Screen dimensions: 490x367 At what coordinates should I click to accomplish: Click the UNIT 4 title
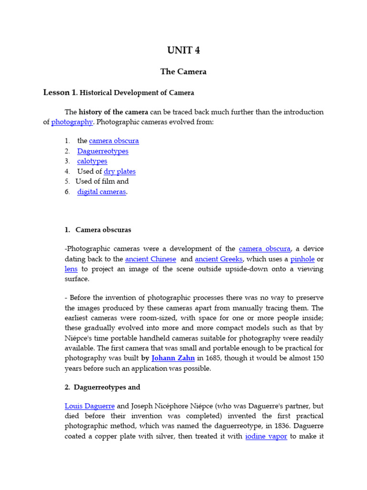pyautogui.click(x=183, y=51)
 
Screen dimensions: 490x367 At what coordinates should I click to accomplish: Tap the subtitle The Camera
pyautogui.click(x=183, y=72)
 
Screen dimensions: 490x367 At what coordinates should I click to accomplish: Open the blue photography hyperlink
pyautogui.click(x=72, y=122)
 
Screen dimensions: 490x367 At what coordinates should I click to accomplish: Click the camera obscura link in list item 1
pyautogui.click(x=114, y=141)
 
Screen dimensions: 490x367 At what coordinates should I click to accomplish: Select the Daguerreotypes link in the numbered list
pyautogui.click(x=103, y=151)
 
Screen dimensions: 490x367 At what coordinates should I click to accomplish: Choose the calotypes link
pyautogui.click(x=92, y=161)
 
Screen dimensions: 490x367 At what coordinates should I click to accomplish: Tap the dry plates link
pyautogui.click(x=119, y=171)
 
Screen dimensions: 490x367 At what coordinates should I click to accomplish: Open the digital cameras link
pyautogui.click(x=102, y=192)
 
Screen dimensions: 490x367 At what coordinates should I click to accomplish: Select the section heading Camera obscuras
pyautogui.click(x=103, y=230)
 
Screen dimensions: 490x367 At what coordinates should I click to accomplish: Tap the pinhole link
pyautogui.click(x=302, y=259)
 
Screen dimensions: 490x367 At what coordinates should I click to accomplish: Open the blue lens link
pyautogui.click(x=71, y=269)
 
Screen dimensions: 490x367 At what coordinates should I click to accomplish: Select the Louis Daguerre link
pyautogui.click(x=89, y=406)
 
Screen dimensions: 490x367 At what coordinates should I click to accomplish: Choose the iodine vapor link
pyautogui.click(x=266, y=436)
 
